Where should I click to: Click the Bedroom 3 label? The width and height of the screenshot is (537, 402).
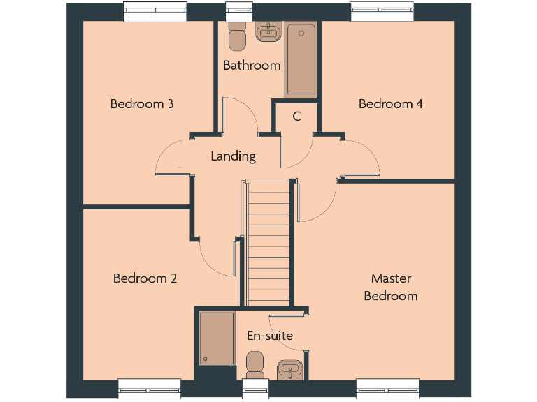click(142, 104)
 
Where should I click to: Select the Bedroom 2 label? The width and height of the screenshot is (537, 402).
click(145, 278)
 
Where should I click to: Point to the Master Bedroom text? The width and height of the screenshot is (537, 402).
click(391, 287)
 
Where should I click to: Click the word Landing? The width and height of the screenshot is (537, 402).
click(233, 156)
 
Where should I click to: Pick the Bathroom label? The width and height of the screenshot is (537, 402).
click(252, 66)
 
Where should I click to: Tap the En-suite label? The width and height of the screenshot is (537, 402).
click(269, 336)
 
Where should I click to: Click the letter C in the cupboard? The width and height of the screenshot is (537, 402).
click(296, 117)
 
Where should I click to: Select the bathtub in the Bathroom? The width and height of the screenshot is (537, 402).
click(301, 60)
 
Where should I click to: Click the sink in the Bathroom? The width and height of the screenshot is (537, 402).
click(268, 32)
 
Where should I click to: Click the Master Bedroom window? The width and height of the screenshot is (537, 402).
click(387, 387)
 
